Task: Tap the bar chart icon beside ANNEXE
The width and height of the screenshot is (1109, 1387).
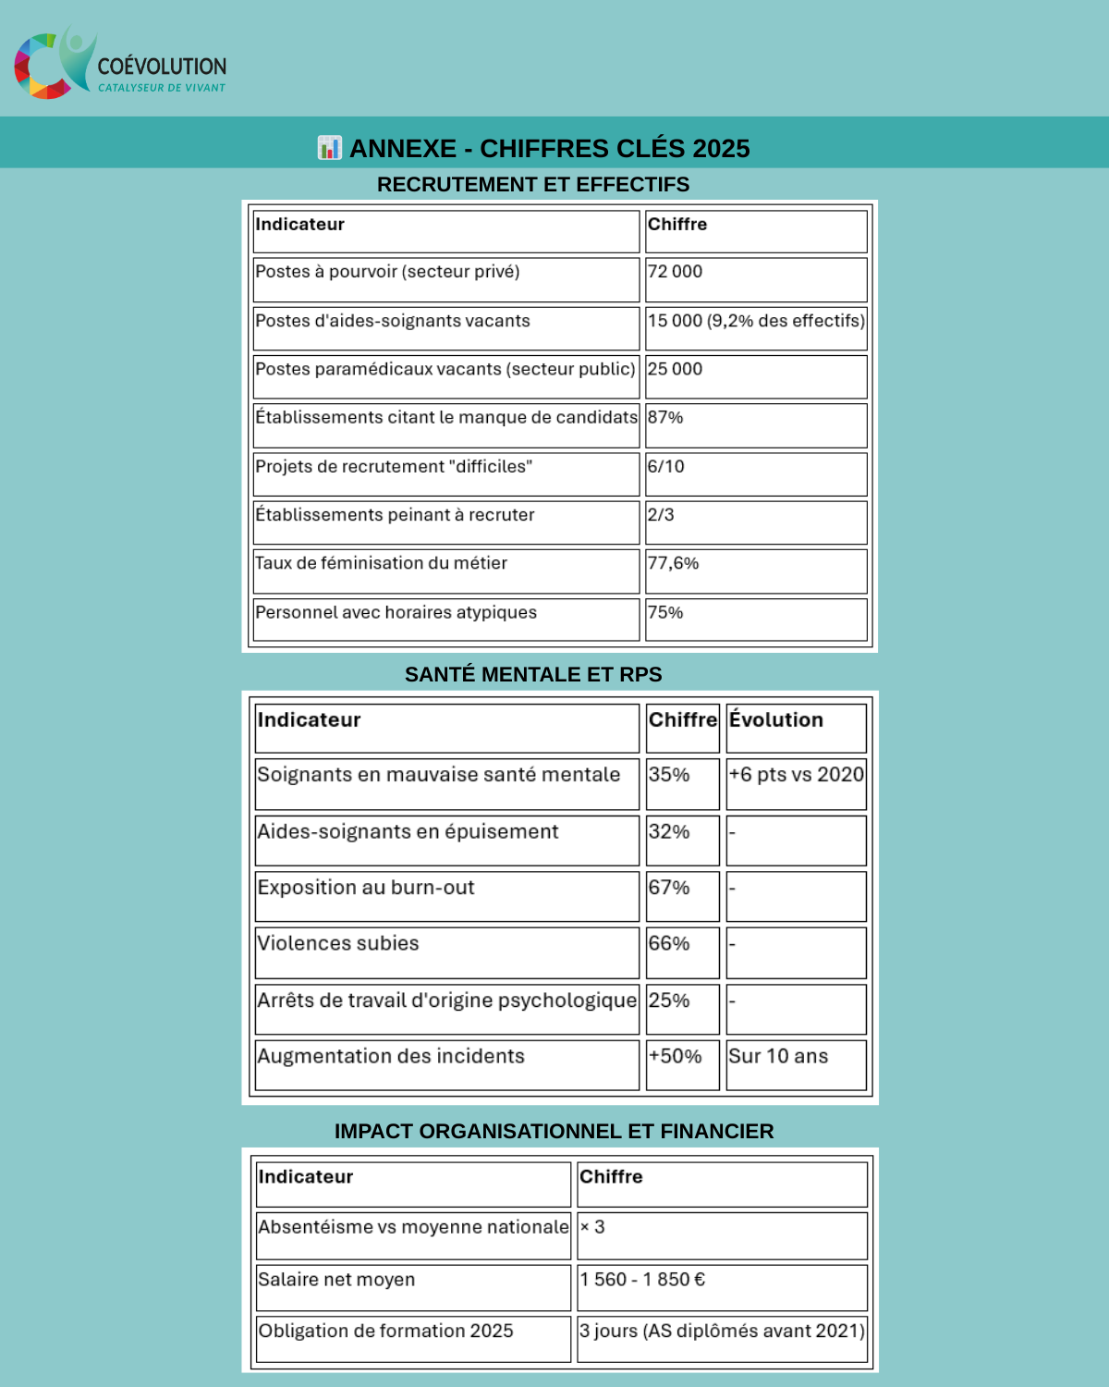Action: (329, 148)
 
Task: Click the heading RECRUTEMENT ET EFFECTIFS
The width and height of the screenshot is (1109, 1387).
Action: (533, 185)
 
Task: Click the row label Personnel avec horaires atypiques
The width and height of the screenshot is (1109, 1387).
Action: (396, 612)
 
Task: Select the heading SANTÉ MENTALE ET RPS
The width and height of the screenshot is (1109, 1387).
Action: (533, 675)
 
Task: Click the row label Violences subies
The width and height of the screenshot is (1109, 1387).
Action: (338, 943)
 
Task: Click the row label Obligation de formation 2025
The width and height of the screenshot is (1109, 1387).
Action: (386, 1331)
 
